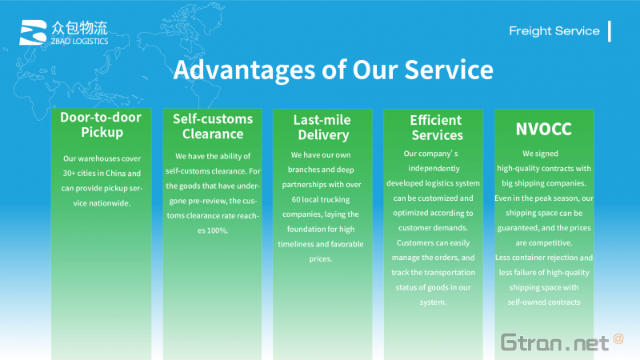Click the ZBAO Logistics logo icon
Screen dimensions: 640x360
coord(33,32)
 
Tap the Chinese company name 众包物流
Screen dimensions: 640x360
coord(79,28)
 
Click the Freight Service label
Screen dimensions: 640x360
coord(554,31)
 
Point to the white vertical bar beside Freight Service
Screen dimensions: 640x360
coord(610,31)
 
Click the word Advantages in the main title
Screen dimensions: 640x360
coord(244,70)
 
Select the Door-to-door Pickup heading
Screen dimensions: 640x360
coord(102,125)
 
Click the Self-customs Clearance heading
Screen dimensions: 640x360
coord(213,126)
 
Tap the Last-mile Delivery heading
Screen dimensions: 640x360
coord(322,127)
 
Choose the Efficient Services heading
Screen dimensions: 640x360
coord(436,127)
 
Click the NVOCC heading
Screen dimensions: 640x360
coord(544,129)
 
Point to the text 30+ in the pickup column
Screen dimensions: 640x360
coord(69,173)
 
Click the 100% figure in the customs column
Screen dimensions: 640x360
coord(218,230)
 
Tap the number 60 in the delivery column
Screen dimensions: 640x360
coord(296,199)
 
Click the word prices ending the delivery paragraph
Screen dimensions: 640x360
coord(321,258)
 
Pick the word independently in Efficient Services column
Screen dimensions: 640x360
coord(434,169)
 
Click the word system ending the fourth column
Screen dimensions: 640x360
coord(433,302)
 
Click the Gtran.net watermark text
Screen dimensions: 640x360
coord(554,342)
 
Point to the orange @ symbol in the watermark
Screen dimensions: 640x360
coord(618,338)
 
